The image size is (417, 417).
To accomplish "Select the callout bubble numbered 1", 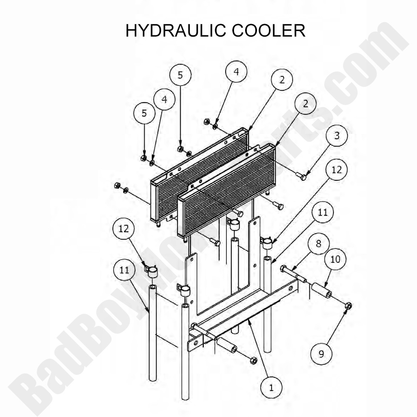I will click(271, 387).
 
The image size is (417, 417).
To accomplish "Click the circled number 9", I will click(322, 353).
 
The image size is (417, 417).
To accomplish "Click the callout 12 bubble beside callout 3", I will click(337, 169).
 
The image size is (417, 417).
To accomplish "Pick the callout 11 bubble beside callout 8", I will click(323, 212).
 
